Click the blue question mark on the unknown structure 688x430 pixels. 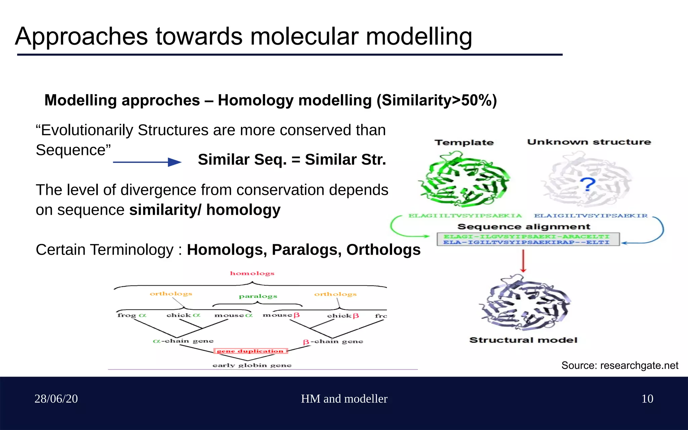[x=588, y=184]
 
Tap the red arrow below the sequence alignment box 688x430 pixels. [x=523, y=261]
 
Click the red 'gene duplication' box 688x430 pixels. [x=251, y=351]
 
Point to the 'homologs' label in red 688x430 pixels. [x=252, y=273]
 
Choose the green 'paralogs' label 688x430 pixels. [x=258, y=296]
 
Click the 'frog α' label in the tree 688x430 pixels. [x=132, y=315]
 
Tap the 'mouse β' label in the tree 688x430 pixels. [x=281, y=315]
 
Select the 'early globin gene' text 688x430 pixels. [x=252, y=365]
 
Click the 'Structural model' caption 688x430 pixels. [x=523, y=340]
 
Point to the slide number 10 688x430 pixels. [x=647, y=399]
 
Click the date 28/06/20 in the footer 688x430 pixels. [x=56, y=399]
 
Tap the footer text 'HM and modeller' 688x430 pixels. [x=344, y=399]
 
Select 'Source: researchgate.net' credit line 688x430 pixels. [x=620, y=365]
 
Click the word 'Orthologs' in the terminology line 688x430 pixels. [x=383, y=250]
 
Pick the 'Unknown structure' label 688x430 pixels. [x=589, y=142]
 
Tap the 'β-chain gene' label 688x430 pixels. [x=333, y=342]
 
